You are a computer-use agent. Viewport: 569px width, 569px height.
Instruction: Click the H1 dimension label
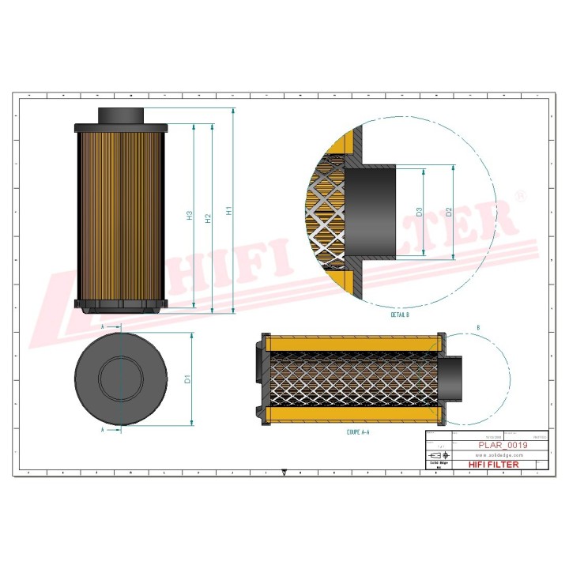point(229,212)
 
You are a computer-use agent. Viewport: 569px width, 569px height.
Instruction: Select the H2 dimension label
point(208,217)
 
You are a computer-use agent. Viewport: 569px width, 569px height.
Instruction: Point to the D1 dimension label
point(187,380)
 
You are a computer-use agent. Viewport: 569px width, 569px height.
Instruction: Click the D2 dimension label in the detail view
point(448,212)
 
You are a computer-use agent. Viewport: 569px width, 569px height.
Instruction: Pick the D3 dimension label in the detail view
point(420,212)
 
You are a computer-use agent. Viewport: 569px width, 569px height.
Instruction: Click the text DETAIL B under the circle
point(399,315)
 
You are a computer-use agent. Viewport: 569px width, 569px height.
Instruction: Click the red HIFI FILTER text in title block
point(494,465)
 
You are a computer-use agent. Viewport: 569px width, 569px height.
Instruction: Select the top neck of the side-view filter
point(121,115)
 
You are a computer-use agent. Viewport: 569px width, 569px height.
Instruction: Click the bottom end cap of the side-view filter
point(121,304)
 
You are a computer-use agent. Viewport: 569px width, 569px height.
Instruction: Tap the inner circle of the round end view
point(119,380)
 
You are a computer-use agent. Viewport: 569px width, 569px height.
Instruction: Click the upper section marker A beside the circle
point(104,326)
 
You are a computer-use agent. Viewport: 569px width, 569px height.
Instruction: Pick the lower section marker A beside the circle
point(104,431)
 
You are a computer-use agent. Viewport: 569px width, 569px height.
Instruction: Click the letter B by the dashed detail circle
point(478,327)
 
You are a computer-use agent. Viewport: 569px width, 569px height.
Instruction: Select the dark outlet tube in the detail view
point(371,211)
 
